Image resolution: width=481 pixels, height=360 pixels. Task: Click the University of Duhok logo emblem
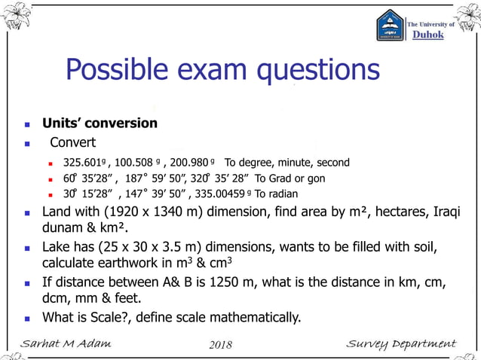(390, 26)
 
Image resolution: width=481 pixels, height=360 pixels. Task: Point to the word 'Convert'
(73, 142)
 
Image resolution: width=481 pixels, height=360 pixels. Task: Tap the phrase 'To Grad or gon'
(290, 178)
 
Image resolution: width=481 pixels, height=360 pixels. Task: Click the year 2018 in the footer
(219, 345)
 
